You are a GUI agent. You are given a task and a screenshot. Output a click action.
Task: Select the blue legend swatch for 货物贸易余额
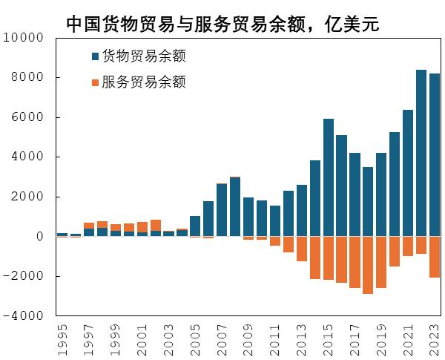tap(94, 56)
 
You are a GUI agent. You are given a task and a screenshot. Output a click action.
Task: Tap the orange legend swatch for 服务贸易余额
tap(94, 82)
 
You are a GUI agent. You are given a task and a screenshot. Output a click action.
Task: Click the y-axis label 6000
tap(29, 117)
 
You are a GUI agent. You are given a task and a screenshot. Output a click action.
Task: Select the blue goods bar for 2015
tap(328, 178)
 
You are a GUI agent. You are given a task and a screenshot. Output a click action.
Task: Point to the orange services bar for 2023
tap(435, 257)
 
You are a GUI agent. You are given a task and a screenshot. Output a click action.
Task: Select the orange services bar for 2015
tap(328, 258)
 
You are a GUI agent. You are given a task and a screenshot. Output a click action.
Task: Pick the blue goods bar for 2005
tap(195, 226)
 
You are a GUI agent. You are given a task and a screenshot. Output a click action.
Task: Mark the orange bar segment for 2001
tap(142, 227)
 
